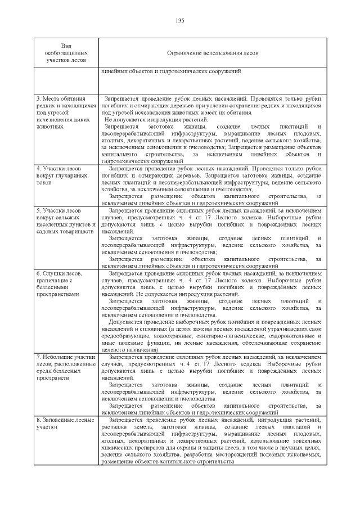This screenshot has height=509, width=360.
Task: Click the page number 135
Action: [180, 21]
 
